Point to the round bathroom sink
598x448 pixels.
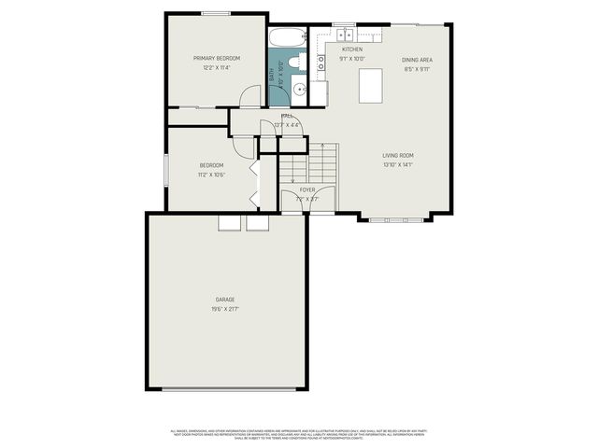[x=298, y=91]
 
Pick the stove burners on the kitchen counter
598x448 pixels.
[x=321, y=63]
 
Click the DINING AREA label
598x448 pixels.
[x=418, y=59]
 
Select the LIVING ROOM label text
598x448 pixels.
[x=398, y=155]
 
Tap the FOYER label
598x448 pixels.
[x=307, y=189]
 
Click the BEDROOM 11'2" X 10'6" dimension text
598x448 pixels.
[x=210, y=175]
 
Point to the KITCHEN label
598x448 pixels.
[x=351, y=49]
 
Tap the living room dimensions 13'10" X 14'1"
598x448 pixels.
[x=398, y=165]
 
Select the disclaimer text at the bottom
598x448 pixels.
[x=299, y=434]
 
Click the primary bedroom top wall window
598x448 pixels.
[x=216, y=13]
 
